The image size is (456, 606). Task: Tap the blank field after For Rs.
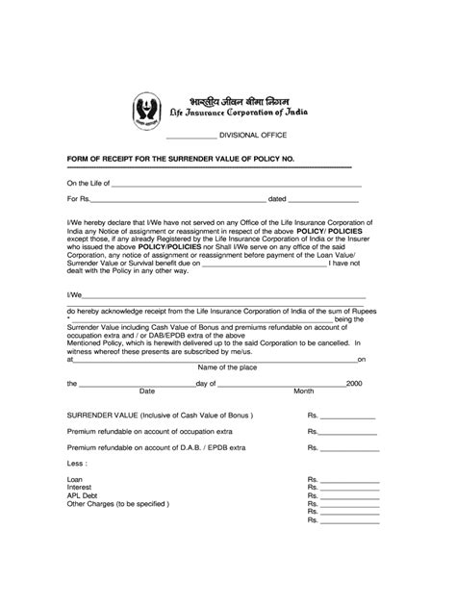178,202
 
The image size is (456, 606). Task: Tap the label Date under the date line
147,391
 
